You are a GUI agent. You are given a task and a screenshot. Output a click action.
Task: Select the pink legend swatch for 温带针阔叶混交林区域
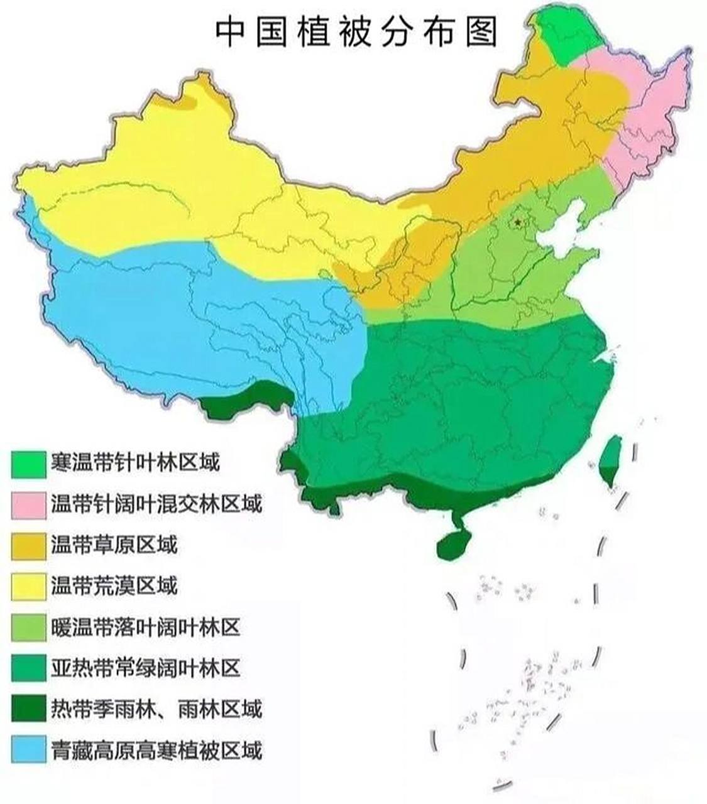point(29,505)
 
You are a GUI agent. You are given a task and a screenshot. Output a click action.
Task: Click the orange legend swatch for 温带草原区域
point(29,545)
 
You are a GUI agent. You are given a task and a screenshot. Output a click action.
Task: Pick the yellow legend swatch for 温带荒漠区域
point(29,586)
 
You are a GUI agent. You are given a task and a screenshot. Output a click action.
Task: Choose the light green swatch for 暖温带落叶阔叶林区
point(29,627)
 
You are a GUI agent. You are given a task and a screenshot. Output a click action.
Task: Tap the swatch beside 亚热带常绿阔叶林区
point(29,668)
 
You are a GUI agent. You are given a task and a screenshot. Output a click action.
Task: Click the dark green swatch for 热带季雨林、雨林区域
point(29,709)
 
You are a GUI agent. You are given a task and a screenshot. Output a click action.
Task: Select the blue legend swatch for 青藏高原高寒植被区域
point(29,749)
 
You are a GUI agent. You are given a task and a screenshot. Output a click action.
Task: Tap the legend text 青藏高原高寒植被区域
point(156,750)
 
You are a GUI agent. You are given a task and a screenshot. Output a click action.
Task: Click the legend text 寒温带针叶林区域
point(135,464)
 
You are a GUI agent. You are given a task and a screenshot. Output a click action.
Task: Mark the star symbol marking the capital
point(517,222)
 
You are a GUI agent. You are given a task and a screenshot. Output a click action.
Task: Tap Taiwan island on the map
point(608,462)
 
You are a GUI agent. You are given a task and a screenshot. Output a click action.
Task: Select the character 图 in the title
point(480,31)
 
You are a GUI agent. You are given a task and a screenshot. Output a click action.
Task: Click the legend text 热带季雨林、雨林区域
point(156,709)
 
